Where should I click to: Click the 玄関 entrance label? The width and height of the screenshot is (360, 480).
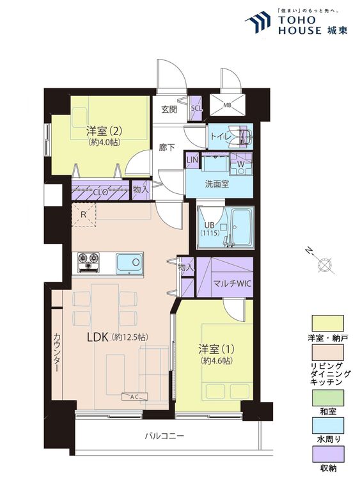(169, 109)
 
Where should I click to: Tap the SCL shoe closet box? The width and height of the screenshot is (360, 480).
(196, 108)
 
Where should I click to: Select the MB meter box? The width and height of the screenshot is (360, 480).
(227, 105)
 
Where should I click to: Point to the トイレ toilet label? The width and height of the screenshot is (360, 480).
(220, 137)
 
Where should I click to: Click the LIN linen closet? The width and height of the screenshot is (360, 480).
(192, 159)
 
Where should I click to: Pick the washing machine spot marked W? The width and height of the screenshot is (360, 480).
(241, 164)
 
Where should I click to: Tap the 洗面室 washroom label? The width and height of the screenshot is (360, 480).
(217, 184)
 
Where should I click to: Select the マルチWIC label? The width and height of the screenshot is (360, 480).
(232, 284)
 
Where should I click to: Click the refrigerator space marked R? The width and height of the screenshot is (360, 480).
(84, 214)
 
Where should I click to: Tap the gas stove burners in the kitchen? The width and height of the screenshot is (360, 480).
(89, 262)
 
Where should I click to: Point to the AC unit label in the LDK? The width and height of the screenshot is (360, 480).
(134, 397)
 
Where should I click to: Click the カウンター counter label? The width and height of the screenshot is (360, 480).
(57, 353)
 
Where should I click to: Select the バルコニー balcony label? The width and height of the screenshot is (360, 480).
(164, 436)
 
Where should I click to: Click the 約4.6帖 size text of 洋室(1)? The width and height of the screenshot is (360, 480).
(217, 361)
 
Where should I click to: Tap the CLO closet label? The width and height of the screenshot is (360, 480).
(100, 193)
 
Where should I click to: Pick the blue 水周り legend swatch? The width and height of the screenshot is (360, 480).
(327, 426)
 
